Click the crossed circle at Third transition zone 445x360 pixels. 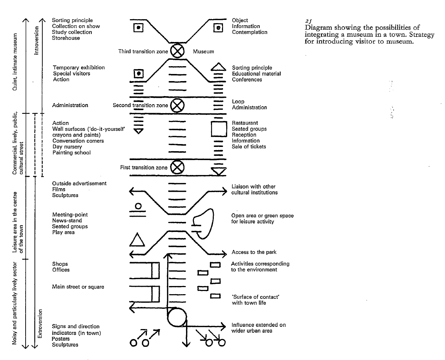[177, 51]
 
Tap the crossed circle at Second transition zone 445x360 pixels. [177, 105]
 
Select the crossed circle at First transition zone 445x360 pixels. [177, 167]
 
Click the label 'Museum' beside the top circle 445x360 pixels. [203, 52]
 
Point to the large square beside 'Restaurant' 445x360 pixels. [219, 129]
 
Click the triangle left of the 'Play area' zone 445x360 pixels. [137, 240]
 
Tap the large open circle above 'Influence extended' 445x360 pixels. [177, 317]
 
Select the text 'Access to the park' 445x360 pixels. [254, 252]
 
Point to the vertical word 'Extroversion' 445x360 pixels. [39, 323]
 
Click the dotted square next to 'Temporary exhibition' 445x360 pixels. [138, 74]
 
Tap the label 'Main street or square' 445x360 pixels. [78, 287]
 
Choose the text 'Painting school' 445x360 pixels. [71, 153]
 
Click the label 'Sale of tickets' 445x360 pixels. [249, 147]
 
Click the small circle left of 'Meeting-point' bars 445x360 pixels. [138, 206]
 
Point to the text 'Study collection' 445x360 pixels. [72, 32]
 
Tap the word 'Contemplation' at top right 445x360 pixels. [250, 32]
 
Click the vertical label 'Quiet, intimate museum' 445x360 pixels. [15, 62]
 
